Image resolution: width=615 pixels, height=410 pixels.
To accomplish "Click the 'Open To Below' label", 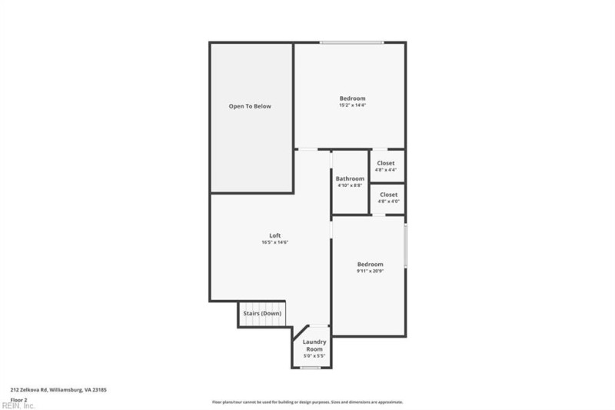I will pos(250,106).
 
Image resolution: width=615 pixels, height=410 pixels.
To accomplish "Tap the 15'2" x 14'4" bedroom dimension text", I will pos(352,105).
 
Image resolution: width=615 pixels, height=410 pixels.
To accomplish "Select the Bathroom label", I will pos(350,178).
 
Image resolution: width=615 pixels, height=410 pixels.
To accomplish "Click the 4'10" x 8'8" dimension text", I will pos(350,185).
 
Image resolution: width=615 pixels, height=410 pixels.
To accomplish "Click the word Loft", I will pos(274,235).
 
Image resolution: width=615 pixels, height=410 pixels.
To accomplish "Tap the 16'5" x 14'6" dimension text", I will pos(274,242).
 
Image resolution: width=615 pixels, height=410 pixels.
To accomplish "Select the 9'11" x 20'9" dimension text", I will pos(370,271).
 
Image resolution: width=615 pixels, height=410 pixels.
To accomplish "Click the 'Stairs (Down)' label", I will pos(262,313).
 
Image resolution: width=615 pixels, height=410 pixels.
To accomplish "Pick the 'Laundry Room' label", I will pos(314,345).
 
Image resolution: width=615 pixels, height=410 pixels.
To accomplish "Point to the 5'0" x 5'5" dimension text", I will pos(314,356).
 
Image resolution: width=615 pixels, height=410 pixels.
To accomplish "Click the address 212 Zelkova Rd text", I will pos(58,390).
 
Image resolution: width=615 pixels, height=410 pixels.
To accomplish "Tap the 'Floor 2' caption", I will pos(19,400).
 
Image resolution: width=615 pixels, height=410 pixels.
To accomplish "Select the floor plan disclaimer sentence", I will pos(307,402).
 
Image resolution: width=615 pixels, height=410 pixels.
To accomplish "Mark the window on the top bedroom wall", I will pos(351,42).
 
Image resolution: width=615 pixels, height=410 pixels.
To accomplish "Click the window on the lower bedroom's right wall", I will pos(405,245).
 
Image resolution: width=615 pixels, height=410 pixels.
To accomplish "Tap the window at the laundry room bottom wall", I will pos(310,368).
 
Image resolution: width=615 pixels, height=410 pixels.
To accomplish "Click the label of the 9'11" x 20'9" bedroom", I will pos(370,264).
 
